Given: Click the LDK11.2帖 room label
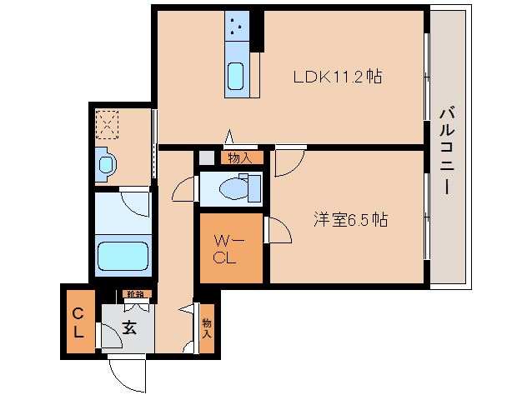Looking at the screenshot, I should coord(337,77).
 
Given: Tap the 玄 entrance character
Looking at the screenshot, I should coord(129,327).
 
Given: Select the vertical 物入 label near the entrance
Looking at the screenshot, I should coord(207,328).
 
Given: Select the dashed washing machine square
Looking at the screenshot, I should coord(108,124).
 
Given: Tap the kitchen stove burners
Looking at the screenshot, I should coord(235,27).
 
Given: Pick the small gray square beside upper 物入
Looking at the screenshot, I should coord(206,157).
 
